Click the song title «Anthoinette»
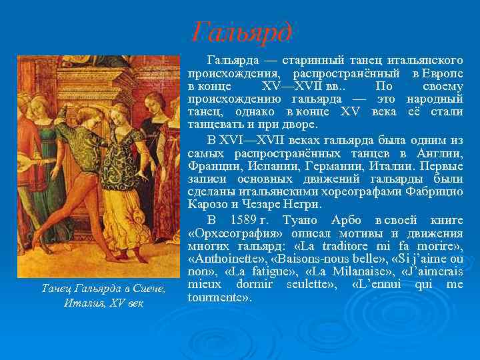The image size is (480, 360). (223, 259)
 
